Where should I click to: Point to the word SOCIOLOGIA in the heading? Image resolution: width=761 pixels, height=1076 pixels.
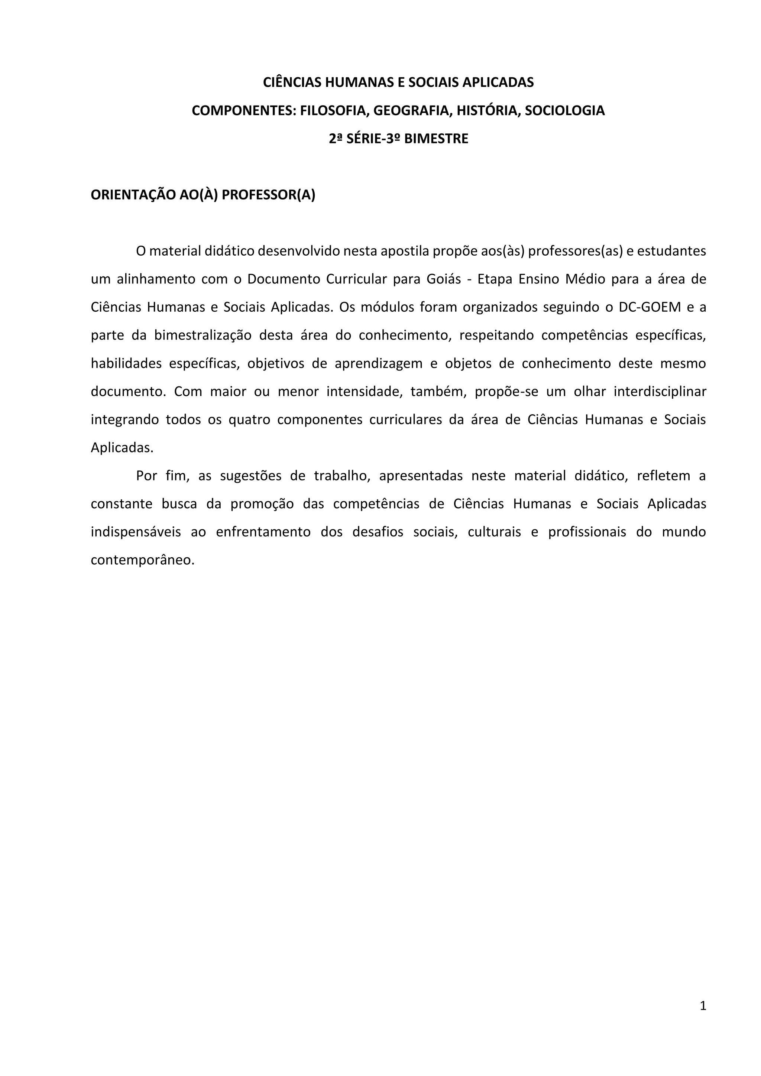565,111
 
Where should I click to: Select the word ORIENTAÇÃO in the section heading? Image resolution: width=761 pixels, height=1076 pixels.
133,195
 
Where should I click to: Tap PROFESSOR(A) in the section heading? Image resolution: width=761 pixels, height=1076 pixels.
269,195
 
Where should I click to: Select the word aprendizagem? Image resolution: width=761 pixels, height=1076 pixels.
379,364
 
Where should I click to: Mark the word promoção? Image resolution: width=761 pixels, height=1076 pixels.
262,504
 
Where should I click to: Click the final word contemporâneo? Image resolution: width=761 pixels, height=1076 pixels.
142,561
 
